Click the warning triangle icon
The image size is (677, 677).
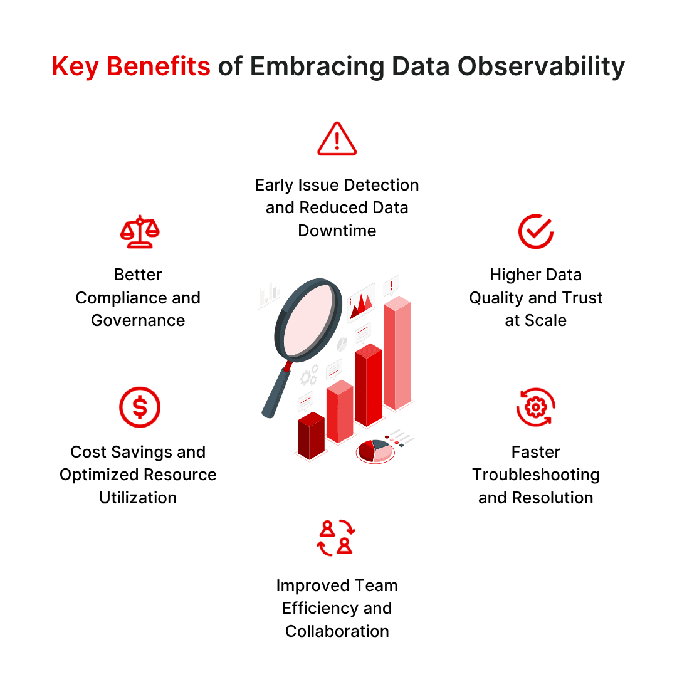[x=337, y=139]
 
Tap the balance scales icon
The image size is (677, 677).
[x=139, y=232]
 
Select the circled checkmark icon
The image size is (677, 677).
[x=535, y=231]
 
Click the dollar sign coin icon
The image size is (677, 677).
[x=140, y=407]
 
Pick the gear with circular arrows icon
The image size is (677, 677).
[x=535, y=407]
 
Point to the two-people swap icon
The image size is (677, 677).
[x=336, y=538]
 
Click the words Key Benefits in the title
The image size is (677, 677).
[x=131, y=66]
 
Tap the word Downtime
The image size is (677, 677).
[x=337, y=231]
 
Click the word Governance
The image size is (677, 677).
[x=138, y=320]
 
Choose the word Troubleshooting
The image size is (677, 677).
[x=536, y=475]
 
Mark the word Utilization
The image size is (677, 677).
[x=138, y=498]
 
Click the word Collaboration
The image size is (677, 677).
[x=337, y=631]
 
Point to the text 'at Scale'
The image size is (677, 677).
[x=536, y=320]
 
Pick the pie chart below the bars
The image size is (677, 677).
[x=374, y=451]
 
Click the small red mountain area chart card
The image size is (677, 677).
[x=361, y=303]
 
